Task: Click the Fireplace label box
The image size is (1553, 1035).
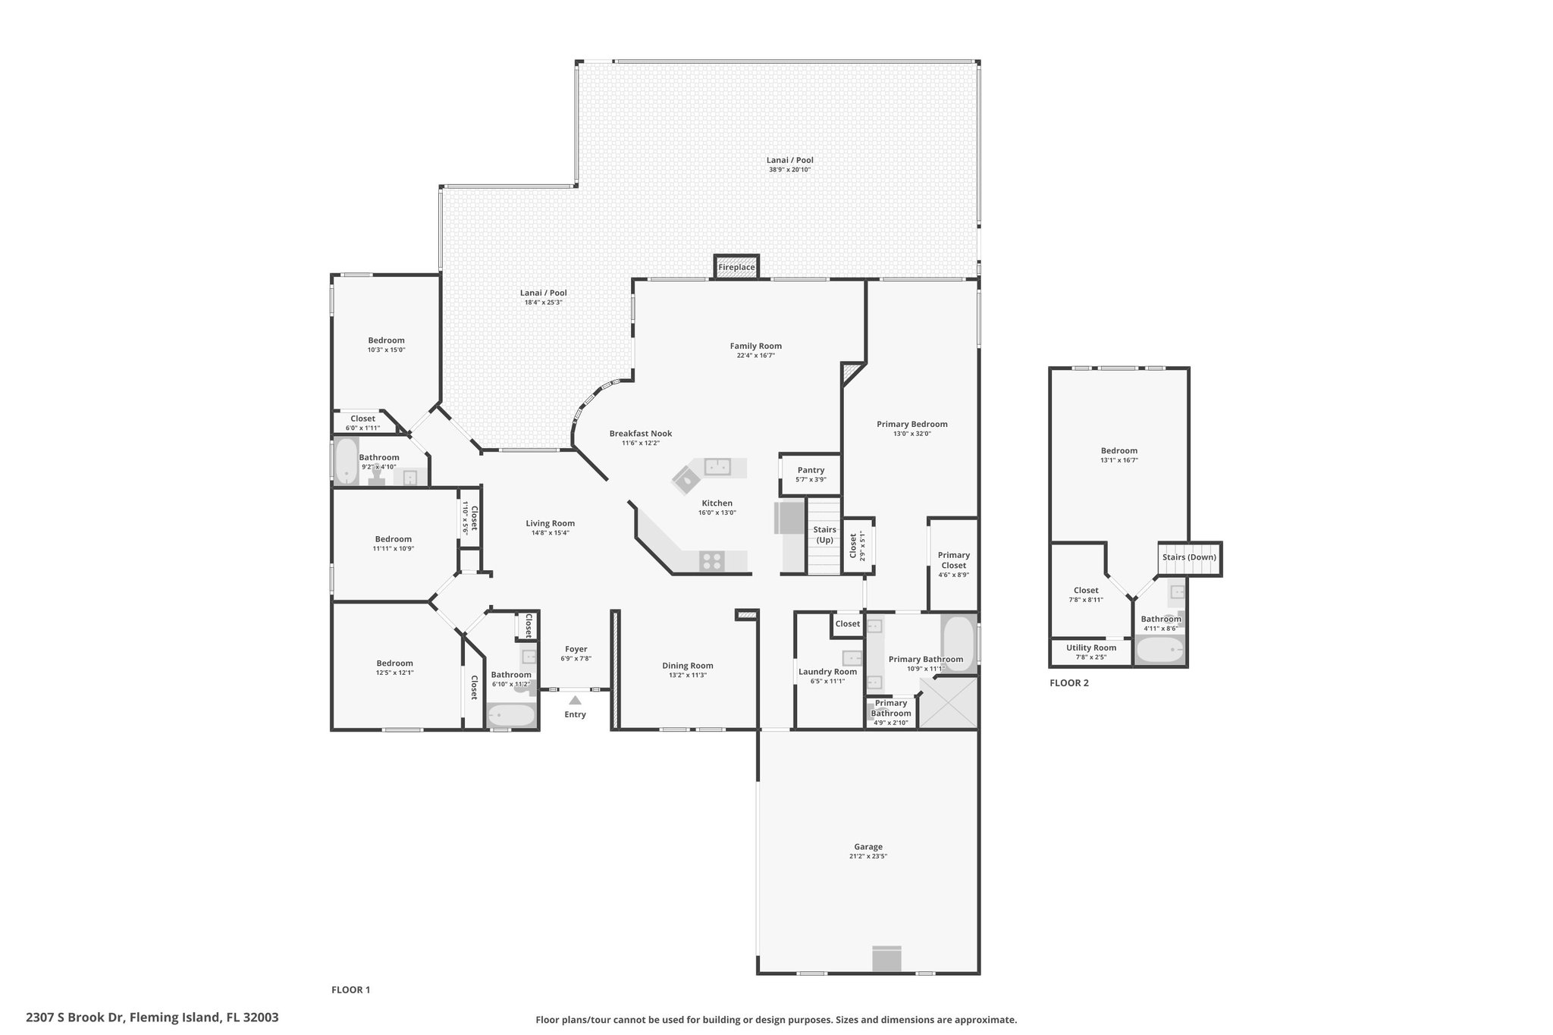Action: [x=736, y=267]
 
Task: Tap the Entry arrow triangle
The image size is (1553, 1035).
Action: [x=576, y=700]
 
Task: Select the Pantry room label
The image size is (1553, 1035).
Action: [x=811, y=470]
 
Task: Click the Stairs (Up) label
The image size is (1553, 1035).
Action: [x=824, y=535]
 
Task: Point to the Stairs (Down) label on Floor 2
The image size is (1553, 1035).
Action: [x=1189, y=557]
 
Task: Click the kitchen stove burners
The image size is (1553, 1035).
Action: [x=712, y=561]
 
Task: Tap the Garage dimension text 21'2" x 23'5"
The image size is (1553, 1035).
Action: [x=868, y=856]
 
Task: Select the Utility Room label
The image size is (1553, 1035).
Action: [x=1091, y=648]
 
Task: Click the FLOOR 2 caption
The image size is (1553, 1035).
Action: [x=1069, y=682]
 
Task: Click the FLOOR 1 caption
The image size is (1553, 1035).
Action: [x=350, y=990]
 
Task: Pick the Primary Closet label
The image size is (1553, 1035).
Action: [x=953, y=560]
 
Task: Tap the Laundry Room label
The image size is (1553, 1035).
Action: [x=827, y=671]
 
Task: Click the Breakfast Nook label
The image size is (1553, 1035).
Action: [x=641, y=434]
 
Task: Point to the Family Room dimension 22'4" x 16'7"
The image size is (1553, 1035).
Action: [x=755, y=356]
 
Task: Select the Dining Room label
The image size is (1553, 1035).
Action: [x=688, y=666]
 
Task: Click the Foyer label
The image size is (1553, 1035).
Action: [x=576, y=649]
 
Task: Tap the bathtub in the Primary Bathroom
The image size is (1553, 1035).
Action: [x=958, y=638]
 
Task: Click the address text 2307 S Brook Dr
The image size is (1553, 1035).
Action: [x=77, y=1017]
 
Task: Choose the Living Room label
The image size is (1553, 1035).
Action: [x=551, y=523]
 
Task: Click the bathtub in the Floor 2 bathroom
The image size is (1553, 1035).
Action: [x=1159, y=651]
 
